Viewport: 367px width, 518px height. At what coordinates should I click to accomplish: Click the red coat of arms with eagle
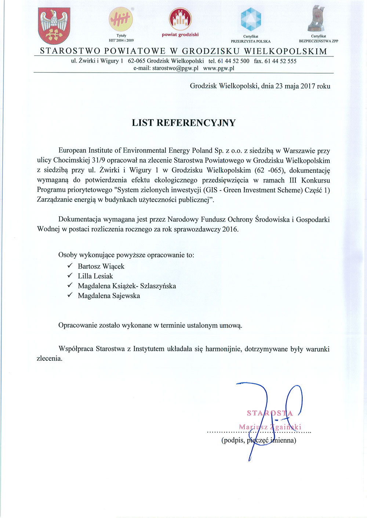(54, 26)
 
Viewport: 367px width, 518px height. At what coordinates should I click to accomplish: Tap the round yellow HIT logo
(121, 20)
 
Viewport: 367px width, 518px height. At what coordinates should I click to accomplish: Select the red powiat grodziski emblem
(180, 19)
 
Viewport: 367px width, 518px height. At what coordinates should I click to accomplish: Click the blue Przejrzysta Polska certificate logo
(251, 19)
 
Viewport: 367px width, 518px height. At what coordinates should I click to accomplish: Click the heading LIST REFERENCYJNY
(183, 123)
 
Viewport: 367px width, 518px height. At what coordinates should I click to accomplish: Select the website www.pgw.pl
(219, 68)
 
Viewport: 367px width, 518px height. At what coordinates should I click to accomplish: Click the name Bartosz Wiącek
(101, 266)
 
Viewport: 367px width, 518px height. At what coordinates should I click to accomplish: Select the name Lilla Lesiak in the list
(95, 276)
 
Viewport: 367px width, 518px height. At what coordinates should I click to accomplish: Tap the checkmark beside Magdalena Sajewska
(70, 295)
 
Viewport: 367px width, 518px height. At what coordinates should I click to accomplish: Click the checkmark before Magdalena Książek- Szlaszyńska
(70, 285)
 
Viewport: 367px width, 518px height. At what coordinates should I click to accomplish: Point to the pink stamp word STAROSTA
(270, 413)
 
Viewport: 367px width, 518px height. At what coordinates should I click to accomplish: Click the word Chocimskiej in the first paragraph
(76, 160)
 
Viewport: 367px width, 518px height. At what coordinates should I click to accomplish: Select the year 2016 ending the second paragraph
(230, 229)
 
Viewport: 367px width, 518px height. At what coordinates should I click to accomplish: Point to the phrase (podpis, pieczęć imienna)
(259, 440)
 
